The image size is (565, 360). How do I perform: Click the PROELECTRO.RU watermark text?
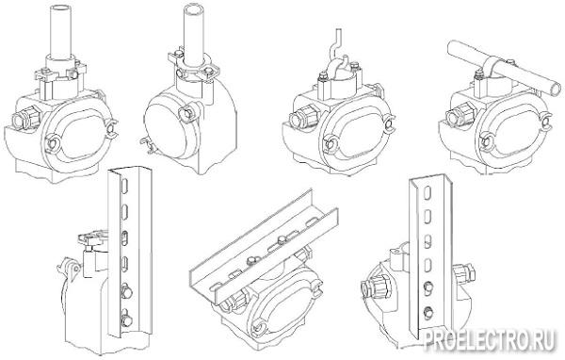click(x=489, y=340)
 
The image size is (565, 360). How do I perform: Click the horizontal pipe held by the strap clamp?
click(x=504, y=68)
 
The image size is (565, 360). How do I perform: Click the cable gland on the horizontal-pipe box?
click(x=458, y=113)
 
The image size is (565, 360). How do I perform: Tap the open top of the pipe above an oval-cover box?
click(x=60, y=8)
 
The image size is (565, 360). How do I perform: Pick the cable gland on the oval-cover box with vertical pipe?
click(x=26, y=119)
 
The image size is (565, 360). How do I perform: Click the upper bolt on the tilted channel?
click(x=282, y=239)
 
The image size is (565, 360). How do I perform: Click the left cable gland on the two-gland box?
click(x=377, y=285)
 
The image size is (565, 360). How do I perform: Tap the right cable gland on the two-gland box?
click(x=463, y=275)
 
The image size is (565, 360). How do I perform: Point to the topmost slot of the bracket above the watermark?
click(x=428, y=193)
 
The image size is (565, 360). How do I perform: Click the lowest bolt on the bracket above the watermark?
click(x=428, y=312)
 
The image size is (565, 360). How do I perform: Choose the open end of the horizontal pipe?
click(x=556, y=89)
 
